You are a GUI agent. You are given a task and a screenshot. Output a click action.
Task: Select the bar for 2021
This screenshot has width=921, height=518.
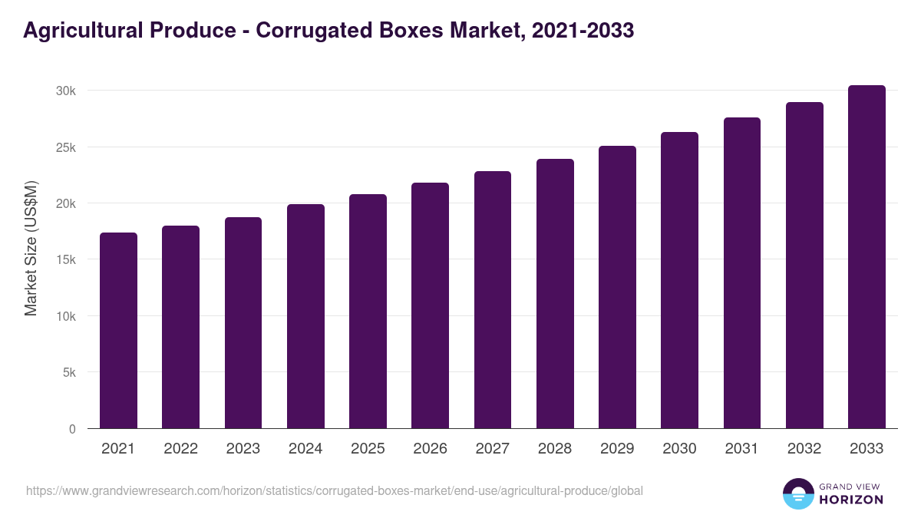click(x=118, y=330)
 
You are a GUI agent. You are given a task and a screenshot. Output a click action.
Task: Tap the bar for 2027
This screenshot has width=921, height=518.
click(x=493, y=299)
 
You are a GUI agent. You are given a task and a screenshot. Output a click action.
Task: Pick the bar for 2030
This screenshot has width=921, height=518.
click(x=680, y=280)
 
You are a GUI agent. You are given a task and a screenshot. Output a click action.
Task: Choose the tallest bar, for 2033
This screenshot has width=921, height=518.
click(x=867, y=256)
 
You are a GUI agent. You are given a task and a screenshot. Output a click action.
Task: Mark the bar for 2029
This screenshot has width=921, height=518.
click(x=618, y=287)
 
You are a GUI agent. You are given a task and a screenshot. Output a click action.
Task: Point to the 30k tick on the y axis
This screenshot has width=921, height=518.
click(x=66, y=91)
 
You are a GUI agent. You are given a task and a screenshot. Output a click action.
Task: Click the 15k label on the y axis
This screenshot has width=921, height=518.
click(x=66, y=260)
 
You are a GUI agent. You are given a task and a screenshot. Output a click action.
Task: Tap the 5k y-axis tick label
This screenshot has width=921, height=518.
click(x=69, y=373)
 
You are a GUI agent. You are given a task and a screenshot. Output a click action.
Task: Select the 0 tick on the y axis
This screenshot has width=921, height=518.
click(x=72, y=429)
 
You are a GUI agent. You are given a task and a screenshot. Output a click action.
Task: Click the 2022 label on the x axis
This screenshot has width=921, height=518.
click(x=180, y=449)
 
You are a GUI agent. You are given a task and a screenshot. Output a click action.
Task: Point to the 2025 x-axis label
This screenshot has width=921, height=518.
click(x=368, y=449)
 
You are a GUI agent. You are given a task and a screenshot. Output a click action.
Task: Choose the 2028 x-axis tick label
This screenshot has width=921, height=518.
click(x=555, y=449)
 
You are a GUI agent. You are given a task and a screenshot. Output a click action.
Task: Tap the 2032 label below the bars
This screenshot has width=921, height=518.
click(x=804, y=449)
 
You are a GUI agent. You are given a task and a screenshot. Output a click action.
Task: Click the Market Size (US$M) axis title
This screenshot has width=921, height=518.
click(x=31, y=249)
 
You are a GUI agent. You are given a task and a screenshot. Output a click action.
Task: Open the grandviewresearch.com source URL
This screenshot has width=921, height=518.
click(x=335, y=490)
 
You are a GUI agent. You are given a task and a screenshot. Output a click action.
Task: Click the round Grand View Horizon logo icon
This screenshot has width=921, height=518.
click(x=798, y=493)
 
